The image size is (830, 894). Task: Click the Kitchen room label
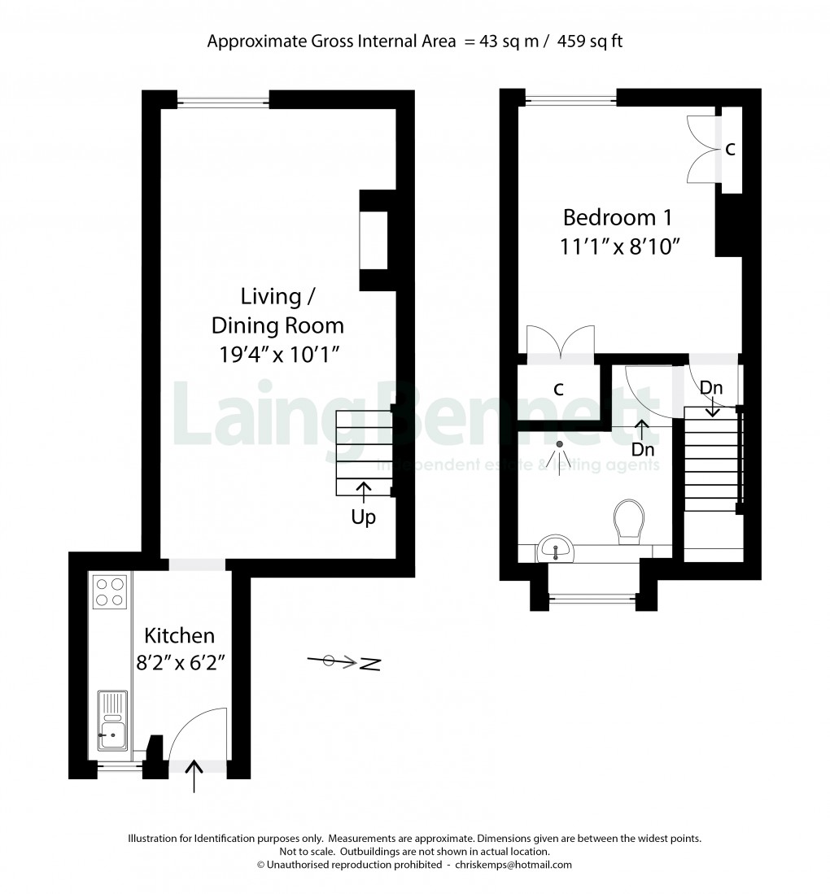[179, 635]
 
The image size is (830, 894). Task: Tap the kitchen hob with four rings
[109, 591]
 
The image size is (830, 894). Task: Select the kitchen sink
[112, 720]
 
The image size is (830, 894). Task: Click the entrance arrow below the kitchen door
[194, 776]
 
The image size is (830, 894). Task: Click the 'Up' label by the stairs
[363, 517]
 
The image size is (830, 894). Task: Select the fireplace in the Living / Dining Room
[375, 241]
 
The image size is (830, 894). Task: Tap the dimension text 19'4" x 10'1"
[277, 355]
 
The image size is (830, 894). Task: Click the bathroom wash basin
[557, 550]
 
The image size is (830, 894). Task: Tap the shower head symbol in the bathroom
[560, 444]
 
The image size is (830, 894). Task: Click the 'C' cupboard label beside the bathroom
[558, 390]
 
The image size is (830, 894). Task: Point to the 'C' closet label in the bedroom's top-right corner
[731, 150]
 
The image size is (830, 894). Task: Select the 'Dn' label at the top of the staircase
[711, 388]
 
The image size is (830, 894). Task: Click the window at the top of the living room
[223, 101]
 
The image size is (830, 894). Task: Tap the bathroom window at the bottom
[592, 600]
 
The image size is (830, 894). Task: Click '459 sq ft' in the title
[590, 41]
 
